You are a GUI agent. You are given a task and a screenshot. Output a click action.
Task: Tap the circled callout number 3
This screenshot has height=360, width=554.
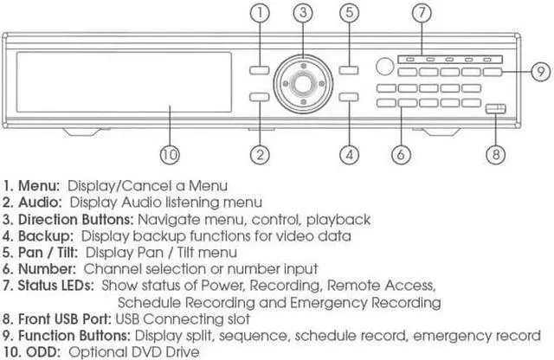click(x=301, y=14)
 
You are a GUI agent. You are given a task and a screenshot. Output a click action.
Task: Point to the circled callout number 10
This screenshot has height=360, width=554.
click(x=170, y=155)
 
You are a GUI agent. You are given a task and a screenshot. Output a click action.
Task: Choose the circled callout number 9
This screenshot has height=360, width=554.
click(x=538, y=71)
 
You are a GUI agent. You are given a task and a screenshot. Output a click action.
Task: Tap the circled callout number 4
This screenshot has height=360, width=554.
click(x=349, y=155)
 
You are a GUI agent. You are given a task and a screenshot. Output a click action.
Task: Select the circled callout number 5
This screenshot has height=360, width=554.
click(x=349, y=14)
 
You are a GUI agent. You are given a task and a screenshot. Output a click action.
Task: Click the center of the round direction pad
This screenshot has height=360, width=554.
click(x=302, y=84)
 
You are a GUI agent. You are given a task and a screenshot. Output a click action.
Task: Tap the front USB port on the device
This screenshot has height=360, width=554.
click(x=494, y=108)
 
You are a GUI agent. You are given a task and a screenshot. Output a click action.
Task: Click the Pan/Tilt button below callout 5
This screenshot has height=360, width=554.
click(x=348, y=72)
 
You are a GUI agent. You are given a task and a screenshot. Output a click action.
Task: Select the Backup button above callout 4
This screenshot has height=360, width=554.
click(x=348, y=98)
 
